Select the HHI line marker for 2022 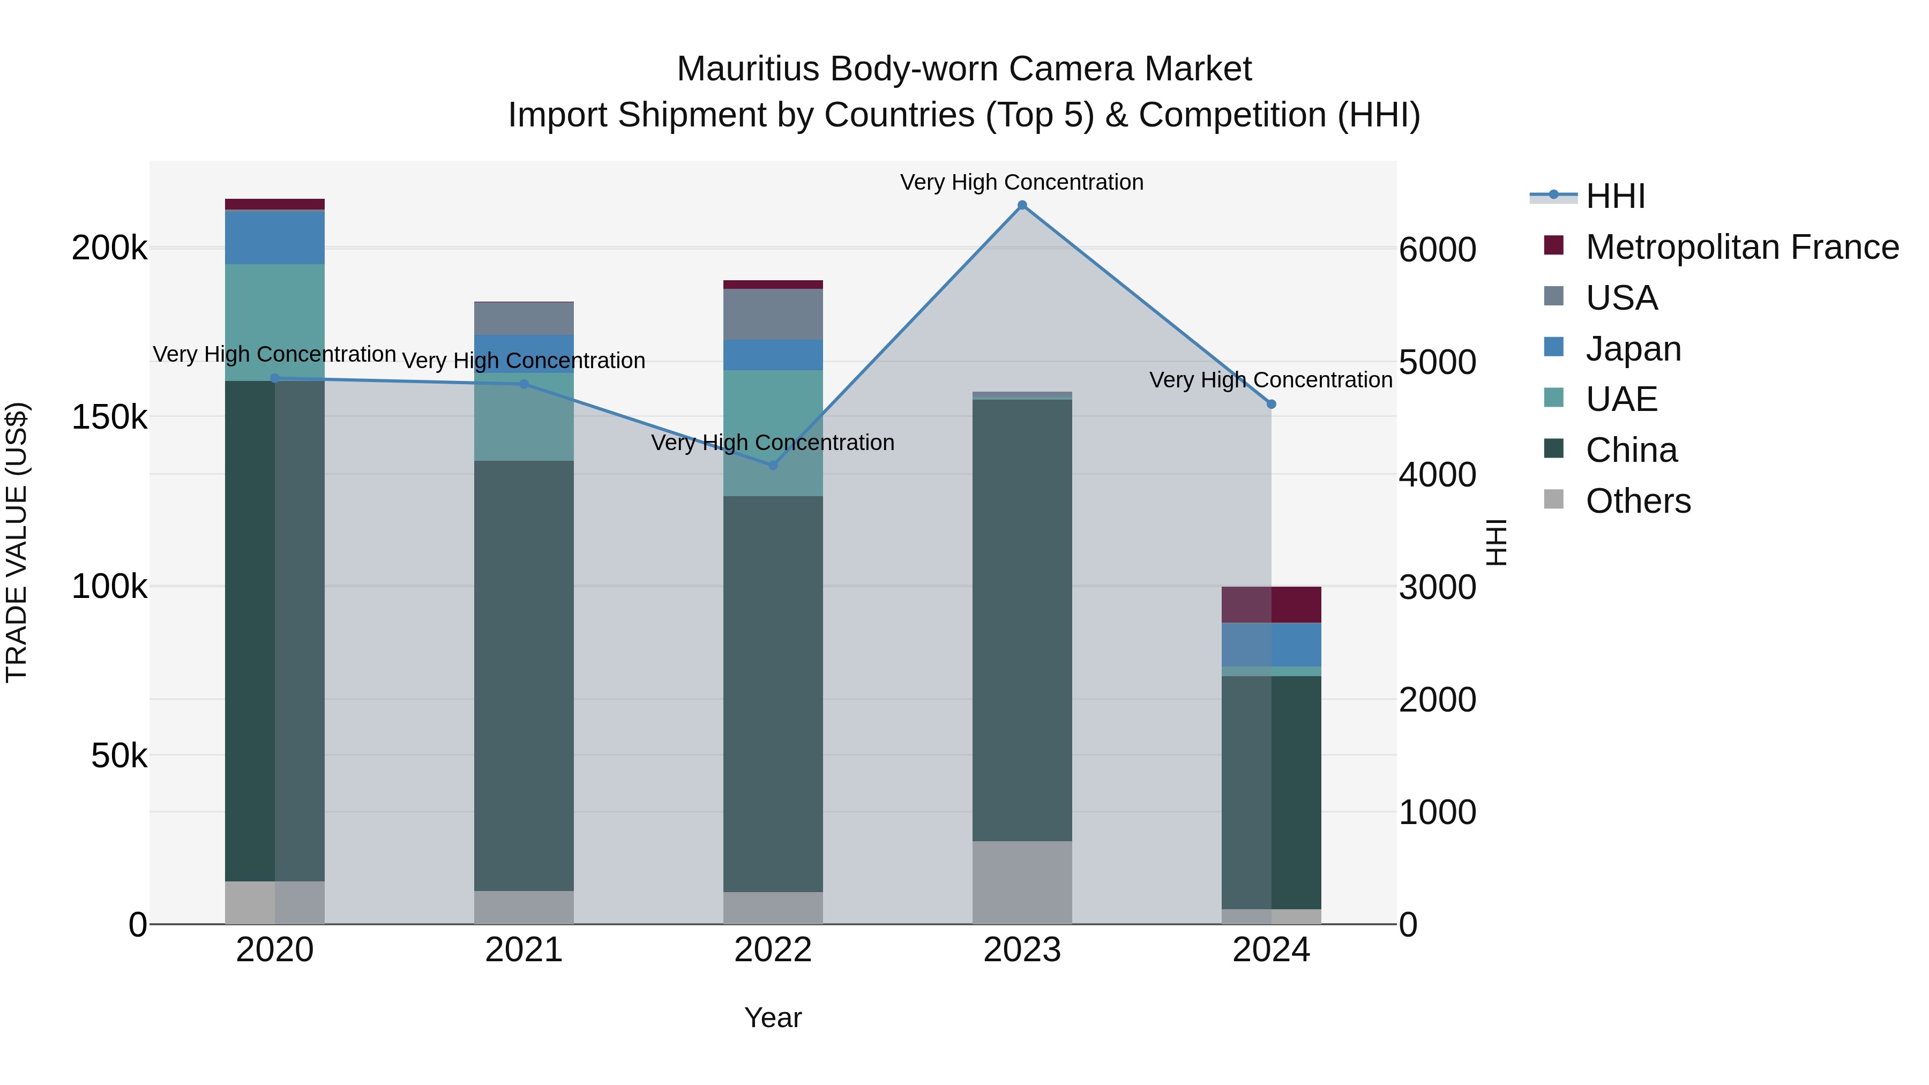tap(773, 465)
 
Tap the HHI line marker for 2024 tap(1271, 405)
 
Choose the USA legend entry tap(1621, 298)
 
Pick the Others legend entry tap(1638, 501)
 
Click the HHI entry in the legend tap(1615, 196)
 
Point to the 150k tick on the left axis tap(109, 417)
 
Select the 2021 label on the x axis tap(524, 950)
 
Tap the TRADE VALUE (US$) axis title tap(17, 542)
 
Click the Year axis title tap(773, 1017)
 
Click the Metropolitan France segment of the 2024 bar tap(1271, 604)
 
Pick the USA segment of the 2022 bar tap(773, 314)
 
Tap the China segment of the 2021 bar tap(524, 674)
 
